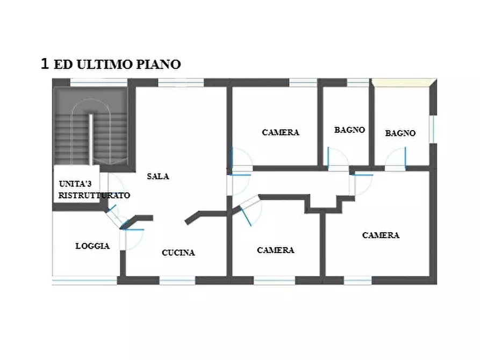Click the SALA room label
tap(158, 176)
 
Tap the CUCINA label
tap(178, 253)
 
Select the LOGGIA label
tap(92, 246)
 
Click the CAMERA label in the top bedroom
tap(281, 132)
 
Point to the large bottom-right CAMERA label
tap(381, 235)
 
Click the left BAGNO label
tap(349, 130)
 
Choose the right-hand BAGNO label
tap(400, 133)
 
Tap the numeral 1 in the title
tap(45, 64)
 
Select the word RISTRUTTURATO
tap(94, 195)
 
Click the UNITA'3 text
tap(75, 184)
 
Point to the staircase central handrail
tap(91, 140)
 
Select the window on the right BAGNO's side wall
tap(433, 129)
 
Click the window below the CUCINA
tap(177, 280)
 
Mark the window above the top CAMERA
tap(303, 82)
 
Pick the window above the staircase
tap(99, 82)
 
